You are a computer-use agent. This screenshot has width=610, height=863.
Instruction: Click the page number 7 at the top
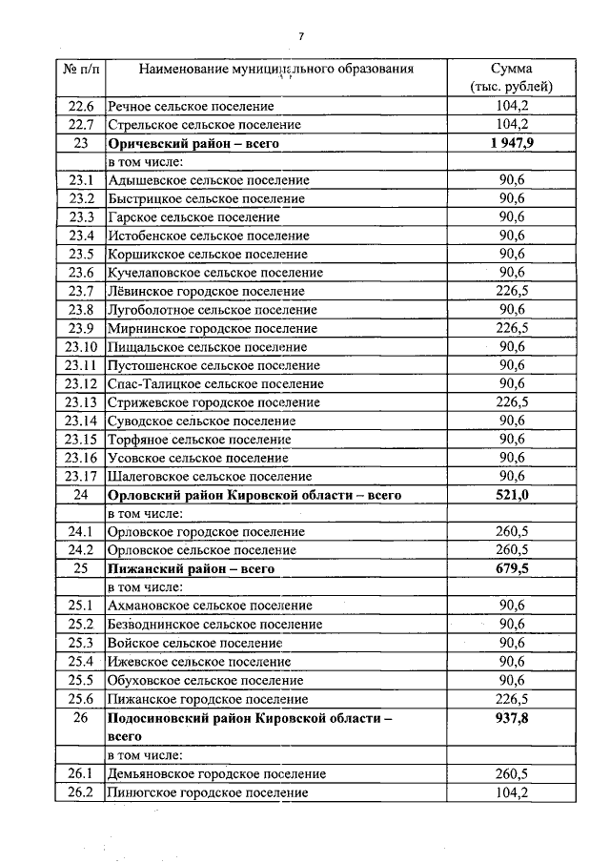point(301,36)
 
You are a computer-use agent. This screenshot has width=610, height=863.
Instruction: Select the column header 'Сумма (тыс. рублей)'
point(511,78)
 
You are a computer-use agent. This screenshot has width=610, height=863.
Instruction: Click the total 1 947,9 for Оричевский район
point(511,143)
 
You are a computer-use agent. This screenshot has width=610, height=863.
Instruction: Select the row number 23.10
point(81,346)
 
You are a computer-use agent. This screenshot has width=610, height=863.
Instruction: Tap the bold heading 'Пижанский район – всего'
point(192,568)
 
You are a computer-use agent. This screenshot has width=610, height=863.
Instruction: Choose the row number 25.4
point(81,661)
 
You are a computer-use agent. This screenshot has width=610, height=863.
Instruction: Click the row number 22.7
point(81,125)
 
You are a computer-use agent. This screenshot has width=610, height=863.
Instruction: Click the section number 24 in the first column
point(81,495)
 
